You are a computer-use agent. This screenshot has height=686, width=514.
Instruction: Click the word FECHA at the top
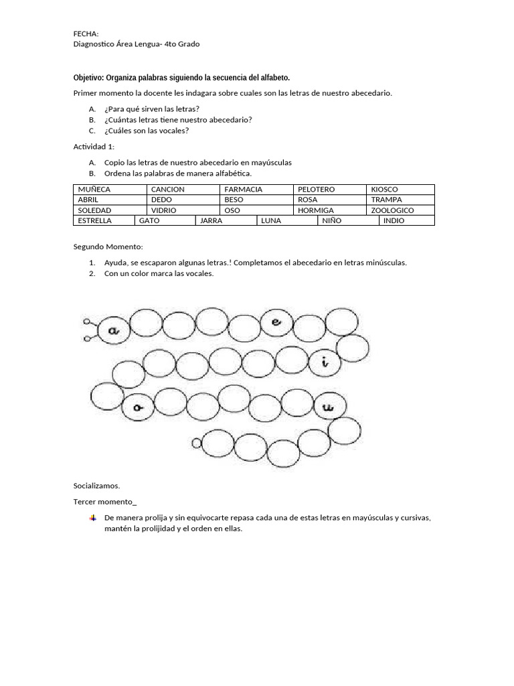86,33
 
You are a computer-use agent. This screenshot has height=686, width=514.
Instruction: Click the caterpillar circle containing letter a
113,330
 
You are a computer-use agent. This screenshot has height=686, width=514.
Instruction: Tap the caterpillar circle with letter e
276,322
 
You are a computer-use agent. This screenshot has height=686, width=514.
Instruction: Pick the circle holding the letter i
325,363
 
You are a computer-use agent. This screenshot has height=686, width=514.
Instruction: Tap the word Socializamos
96,486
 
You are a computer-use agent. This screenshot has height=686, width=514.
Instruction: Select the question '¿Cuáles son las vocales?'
147,131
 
